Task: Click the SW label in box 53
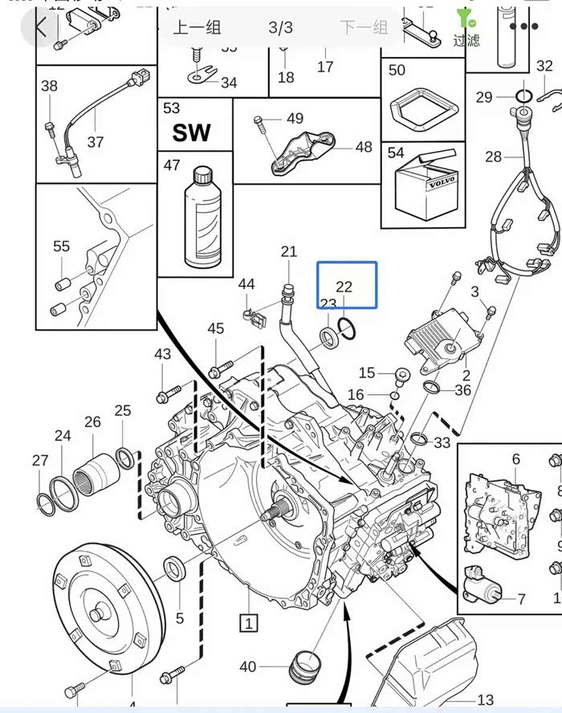click(191, 132)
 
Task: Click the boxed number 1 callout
click(249, 621)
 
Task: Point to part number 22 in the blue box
click(344, 287)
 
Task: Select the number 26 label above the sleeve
click(92, 422)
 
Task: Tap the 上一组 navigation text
click(198, 27)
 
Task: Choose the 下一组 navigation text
click(364, 27)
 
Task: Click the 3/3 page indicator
click(280, 27)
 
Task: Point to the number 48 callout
click(363, 147)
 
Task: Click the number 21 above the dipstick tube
click(289, 252)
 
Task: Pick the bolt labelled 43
click(165, 394)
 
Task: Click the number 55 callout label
click(61, 246)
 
